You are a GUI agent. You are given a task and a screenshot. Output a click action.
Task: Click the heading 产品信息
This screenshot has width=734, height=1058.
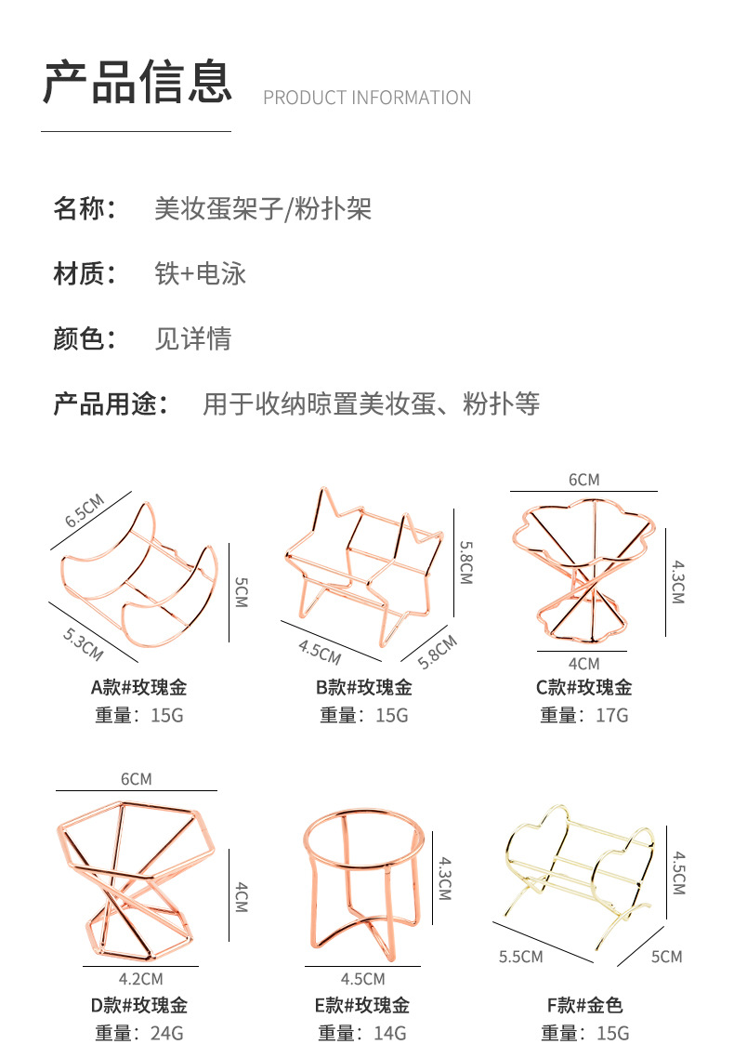pyautogui.click(x=137, y=82)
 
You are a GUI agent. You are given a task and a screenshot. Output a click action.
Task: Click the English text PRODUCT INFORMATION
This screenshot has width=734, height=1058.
pyautogui.click(x=367, y=98)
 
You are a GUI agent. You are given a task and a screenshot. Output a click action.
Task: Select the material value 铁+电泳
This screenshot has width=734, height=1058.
pyautogui.click(x=200, y=273)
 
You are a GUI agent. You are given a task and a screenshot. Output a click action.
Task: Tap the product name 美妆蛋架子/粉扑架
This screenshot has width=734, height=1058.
pyautogui.click(x=263, y=208)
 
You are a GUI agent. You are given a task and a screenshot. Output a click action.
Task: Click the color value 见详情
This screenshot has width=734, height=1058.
pyautogui.click(x=192, y=338)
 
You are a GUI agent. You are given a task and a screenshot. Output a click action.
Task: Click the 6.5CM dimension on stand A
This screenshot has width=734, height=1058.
pyautogui.click(x=85, y=510)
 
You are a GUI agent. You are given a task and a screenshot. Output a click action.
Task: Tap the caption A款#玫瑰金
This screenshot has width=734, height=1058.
pyautogui.click(x=138, y=688)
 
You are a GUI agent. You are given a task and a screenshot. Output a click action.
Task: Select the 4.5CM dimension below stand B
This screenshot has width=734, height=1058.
pyautogui.click(x=320, y=652)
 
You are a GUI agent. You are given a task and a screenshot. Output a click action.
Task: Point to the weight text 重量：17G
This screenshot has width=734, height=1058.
pyautogui.click(x=584, y=715)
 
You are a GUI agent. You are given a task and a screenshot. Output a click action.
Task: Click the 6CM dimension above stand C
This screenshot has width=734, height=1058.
pyautogui.click(x=584, y=480)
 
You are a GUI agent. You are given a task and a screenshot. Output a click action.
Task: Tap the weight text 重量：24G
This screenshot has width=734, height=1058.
pyautogui.click(x=139, y=1033)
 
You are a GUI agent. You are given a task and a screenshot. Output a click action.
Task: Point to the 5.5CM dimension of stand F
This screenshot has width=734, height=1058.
pyautogui.click(x=520, y=956)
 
